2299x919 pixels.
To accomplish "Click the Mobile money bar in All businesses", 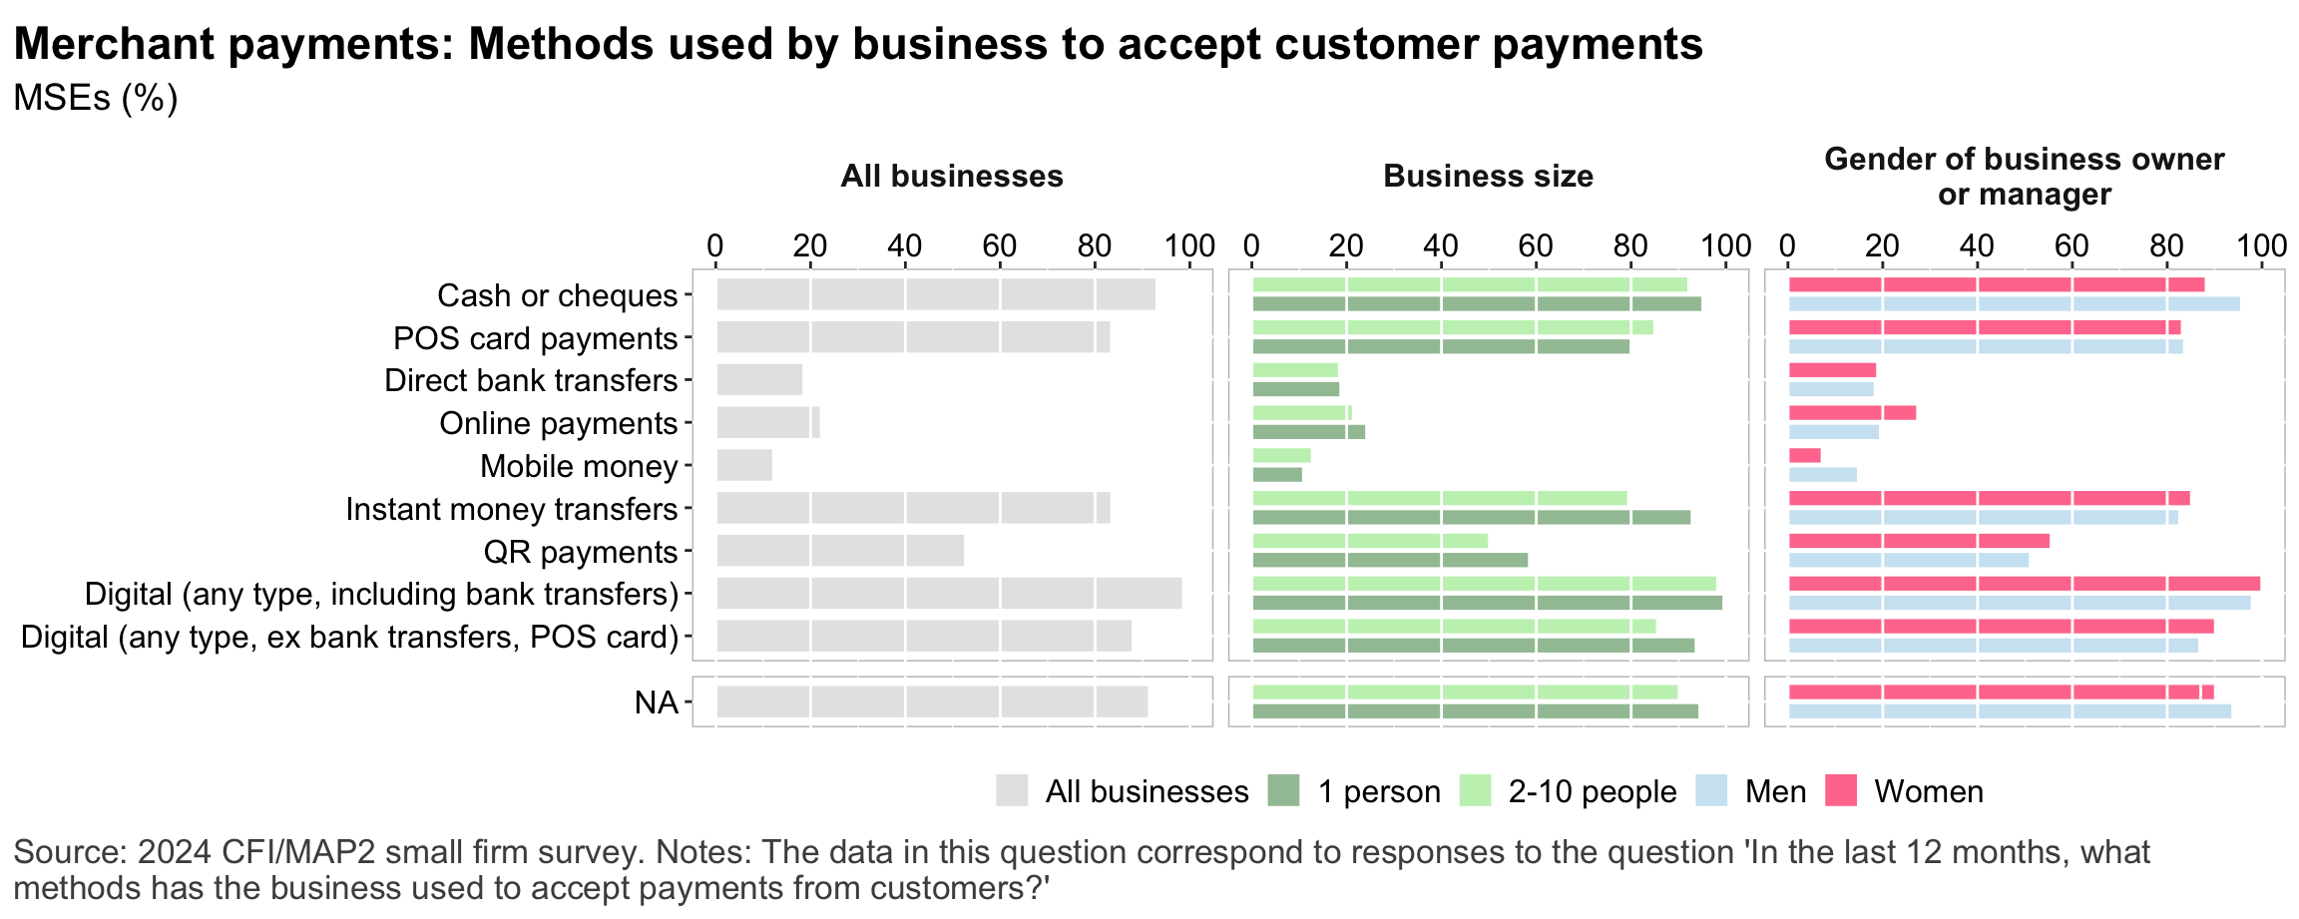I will [x=744, y=465].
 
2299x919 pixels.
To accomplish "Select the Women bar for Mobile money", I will [x=1804, y=455].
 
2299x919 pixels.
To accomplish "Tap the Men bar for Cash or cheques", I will [x=2014, y=304].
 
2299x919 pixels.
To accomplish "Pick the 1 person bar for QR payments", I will [x=1390, y=560].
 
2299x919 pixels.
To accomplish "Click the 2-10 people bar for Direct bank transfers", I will [x=1295, y=370].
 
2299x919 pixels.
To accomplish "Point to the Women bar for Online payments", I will [x=1852, y=413].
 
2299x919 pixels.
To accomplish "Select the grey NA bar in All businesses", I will [x=932, y=701].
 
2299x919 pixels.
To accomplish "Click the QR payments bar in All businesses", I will [x=840, y=551].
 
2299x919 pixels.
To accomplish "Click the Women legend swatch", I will [x=1841, y=791].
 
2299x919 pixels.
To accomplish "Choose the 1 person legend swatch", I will [x=1283, y=791].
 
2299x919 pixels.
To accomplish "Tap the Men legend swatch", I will [x=1711, y=791].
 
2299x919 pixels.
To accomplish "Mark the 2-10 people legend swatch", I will [x=1475, y=791].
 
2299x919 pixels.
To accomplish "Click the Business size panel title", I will [x=1488, y=177].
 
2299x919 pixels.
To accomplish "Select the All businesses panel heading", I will [x=952, y=177].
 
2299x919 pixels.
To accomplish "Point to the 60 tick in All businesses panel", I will [x=1000, y=245].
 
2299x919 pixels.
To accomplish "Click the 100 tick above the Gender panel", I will [x=2261, y=245].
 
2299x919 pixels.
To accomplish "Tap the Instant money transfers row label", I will [x=512, y=509].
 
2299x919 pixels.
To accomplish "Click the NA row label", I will [x=656, y=702].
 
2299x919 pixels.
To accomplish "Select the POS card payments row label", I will [x=536, y=338].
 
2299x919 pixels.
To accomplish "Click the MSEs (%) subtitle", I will [x=96, y=98].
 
